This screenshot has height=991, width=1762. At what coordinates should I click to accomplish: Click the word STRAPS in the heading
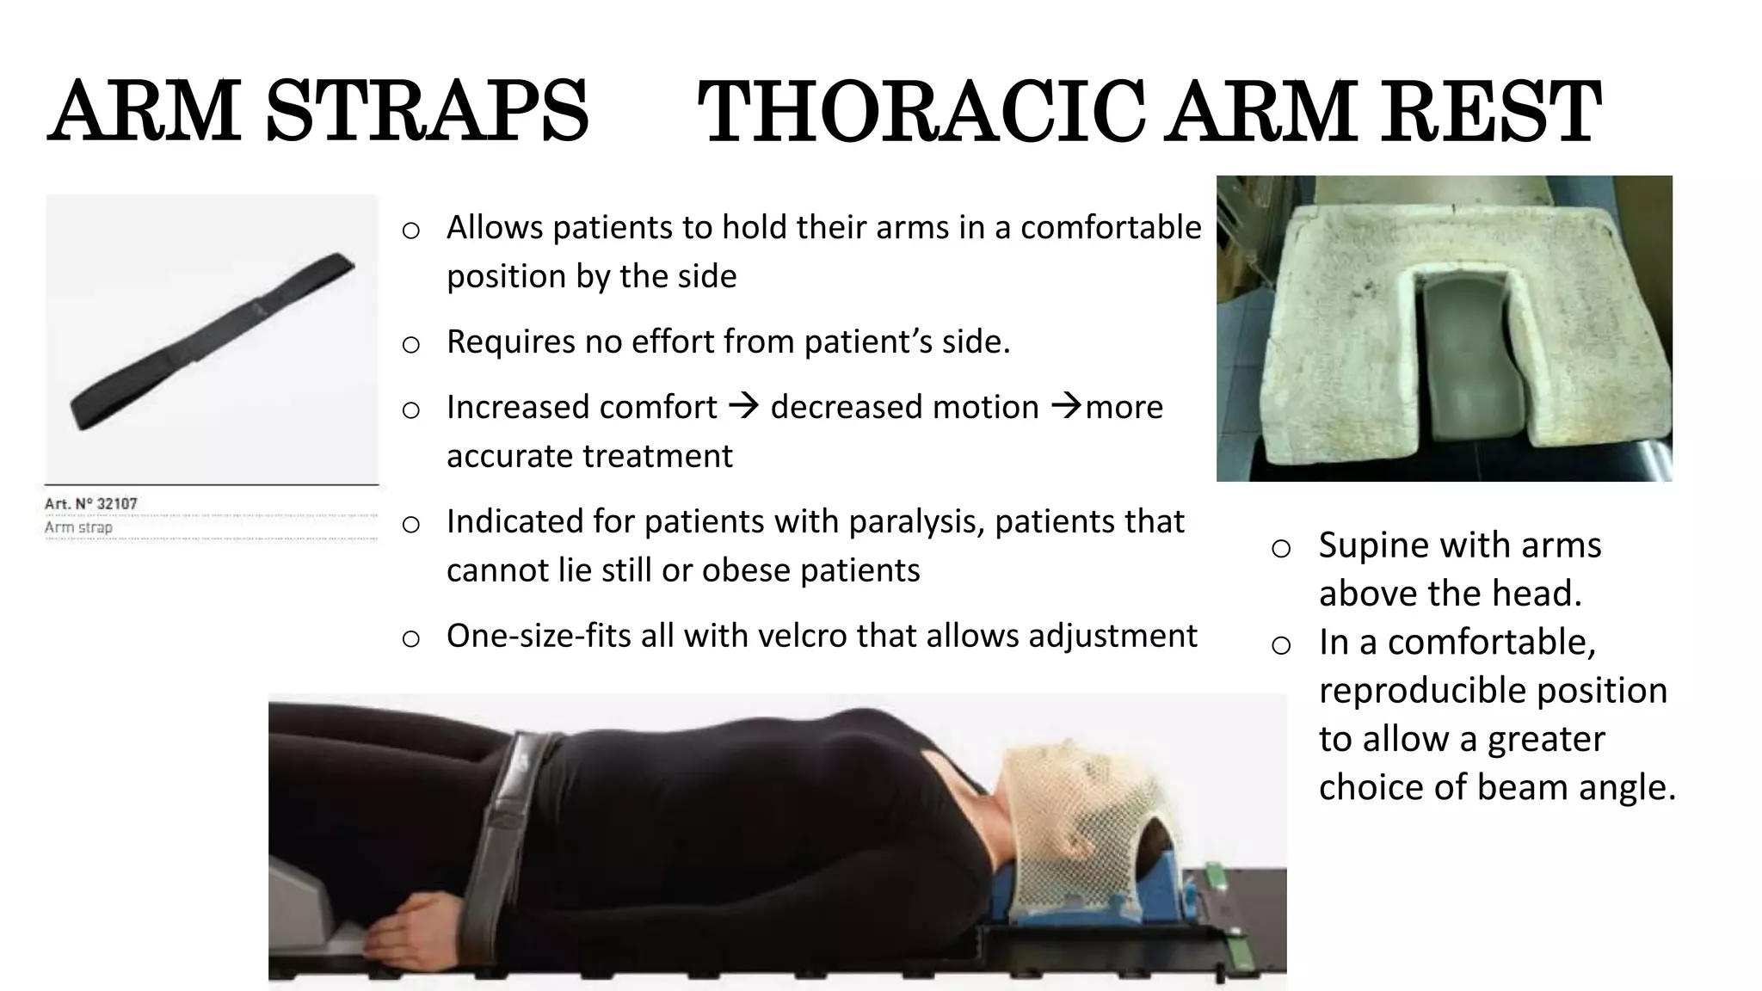[x=427, y=112]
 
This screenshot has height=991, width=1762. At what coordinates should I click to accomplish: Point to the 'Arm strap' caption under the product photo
[x=78, y=527]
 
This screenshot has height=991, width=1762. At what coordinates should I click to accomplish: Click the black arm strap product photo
[x=212, y=342]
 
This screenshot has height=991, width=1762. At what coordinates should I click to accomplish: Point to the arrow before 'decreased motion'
[x=743, y=406]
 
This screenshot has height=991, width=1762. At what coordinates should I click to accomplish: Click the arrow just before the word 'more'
[x=1067, y=406]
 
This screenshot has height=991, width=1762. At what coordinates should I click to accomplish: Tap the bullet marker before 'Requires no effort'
[x=411, y=344]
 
